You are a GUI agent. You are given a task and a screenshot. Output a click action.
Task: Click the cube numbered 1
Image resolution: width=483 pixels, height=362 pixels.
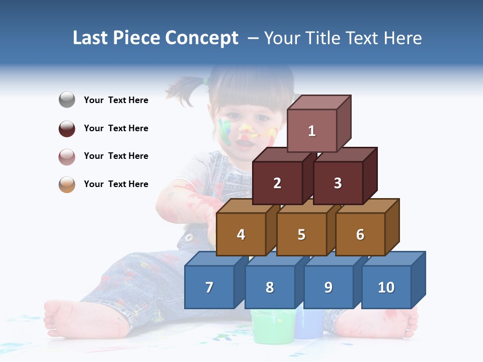click(x=312, y=131)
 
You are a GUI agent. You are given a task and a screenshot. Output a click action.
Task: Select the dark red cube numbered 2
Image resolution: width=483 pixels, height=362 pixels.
click(x=277, y=183)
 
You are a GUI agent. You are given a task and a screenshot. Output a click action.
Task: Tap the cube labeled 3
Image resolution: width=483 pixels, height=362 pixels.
click(x=338, y=183)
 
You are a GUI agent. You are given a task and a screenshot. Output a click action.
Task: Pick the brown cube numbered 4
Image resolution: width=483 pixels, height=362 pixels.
click(x=241, y=234)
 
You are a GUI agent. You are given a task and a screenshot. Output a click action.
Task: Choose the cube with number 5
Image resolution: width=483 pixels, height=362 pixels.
click(x=301, y=234)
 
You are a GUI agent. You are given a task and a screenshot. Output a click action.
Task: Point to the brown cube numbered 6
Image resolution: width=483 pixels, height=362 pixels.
click(x=360, y=234)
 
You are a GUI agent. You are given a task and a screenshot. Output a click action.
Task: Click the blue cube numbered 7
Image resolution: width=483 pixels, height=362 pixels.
click(x=209, y=287)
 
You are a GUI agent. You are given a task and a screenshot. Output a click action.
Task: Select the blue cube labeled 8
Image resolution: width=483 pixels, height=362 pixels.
click(x=270, y=287)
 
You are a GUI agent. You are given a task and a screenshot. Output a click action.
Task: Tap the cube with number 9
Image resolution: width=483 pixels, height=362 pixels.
click(x=328, y=287)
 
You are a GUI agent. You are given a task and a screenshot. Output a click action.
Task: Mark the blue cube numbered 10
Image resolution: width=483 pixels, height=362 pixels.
click(x=386, y=287)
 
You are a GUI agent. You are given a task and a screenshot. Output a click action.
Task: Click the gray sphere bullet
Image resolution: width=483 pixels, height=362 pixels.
click(x=67, y=100)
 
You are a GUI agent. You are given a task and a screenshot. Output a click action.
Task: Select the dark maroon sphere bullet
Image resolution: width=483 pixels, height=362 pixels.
click(x=67, y=128)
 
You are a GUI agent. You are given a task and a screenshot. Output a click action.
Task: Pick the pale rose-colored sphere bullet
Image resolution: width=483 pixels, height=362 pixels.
click(x=67, y=156)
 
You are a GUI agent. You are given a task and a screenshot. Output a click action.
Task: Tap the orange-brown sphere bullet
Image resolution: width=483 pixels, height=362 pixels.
click(x=67, y=184)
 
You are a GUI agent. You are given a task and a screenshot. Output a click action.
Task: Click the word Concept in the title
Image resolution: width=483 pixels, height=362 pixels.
click(x=202, y=38)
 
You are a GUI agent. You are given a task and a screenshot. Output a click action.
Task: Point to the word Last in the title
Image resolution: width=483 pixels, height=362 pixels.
click(x=92, y=38)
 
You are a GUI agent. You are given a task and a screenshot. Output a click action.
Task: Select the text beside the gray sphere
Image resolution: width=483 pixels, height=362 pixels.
click(x=116, y=100)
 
